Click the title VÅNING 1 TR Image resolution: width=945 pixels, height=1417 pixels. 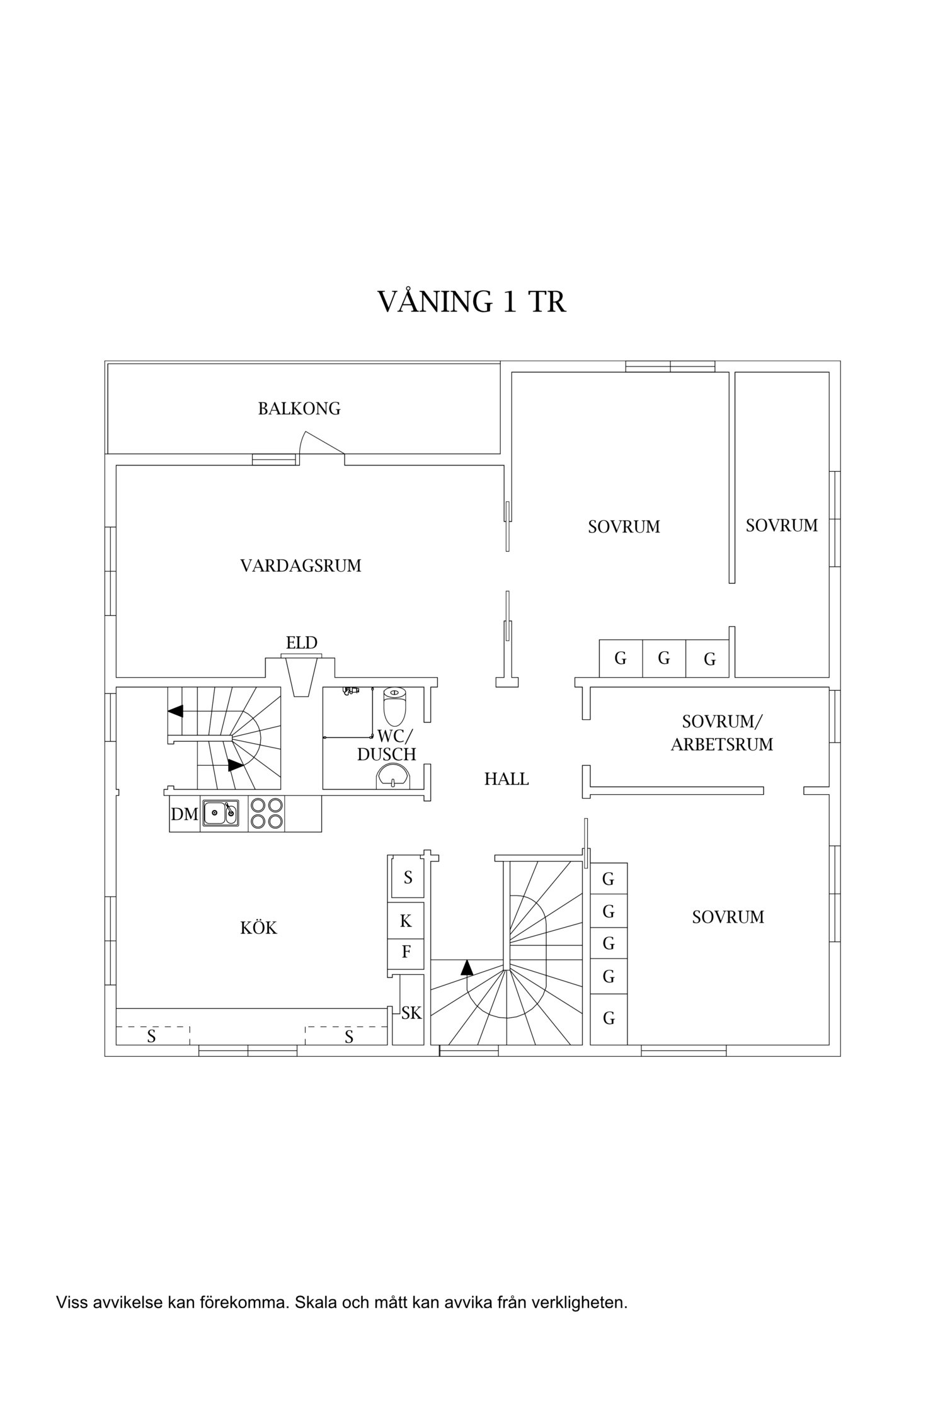point(471,302)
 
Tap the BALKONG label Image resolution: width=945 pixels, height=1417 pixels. point(299,409)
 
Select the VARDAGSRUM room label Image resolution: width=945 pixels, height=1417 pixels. point(301,566)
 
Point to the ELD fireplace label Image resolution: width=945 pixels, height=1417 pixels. point(301,643)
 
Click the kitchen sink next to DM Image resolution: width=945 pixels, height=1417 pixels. point(220,814)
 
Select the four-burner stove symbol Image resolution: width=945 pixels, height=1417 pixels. point(266,814)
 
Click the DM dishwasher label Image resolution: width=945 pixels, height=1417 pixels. point(185,814)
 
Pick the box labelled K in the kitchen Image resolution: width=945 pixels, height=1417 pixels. point(406,921)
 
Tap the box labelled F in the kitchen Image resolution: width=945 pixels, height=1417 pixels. point(406,952)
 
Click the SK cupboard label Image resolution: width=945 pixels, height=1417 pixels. point(411,1013)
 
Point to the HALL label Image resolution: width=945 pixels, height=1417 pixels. point(506,780)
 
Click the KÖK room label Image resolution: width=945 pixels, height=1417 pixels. point(258,928)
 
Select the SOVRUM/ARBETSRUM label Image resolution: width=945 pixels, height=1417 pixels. point(721,732)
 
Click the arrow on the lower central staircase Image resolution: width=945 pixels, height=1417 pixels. point(467,967)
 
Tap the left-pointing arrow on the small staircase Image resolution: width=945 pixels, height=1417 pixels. point(175,711)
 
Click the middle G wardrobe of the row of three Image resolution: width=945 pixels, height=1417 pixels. point(663,659)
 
